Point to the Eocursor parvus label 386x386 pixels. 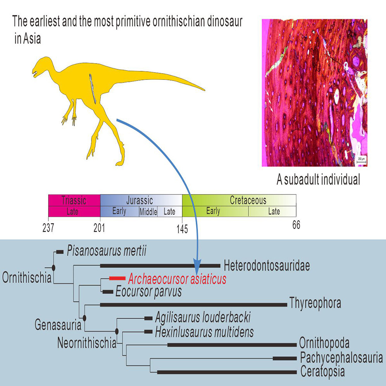[x=148, y=291]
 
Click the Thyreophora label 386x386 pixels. [x=315, y=303]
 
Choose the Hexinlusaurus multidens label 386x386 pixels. [x=204, y=332]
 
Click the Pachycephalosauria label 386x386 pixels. [x=341, y=358]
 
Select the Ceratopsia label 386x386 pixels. [x=322, y=372]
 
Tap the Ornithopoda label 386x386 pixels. [x=324, y=343]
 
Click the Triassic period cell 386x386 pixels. [x=74, y=200]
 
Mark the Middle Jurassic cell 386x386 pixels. [x=148, y=212]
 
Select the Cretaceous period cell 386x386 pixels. [x=248, y=200]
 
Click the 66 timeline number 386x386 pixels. [x=296, y=225]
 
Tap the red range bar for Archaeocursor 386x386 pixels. [x=117, y=278]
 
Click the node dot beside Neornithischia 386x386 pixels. [x=117, y=331]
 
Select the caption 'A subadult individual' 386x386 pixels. [x=318, y=180]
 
